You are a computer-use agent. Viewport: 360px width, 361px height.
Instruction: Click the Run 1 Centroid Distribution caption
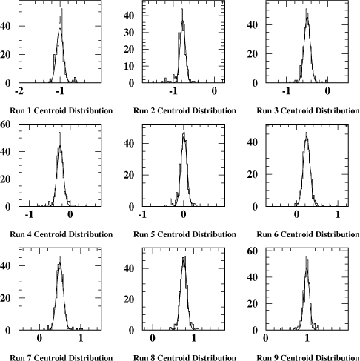point(61,110)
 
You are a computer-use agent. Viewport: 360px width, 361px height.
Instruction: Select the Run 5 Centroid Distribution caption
point(184,234)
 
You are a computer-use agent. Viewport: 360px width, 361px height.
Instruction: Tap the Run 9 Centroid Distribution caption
point(308,357)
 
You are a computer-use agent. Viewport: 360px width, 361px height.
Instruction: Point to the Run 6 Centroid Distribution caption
point(308,234)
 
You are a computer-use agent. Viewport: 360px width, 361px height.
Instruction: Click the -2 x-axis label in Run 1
point(19,91)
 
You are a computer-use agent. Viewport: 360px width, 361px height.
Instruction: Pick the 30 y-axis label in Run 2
point(129,33)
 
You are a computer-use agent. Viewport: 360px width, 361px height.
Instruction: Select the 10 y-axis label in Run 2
point(129,66)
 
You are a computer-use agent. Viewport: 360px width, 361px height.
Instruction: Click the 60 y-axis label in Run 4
point(5,125)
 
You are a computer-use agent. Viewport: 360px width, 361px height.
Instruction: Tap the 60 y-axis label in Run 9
point(253,251)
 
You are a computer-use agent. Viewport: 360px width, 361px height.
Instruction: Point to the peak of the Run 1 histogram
point(61,9)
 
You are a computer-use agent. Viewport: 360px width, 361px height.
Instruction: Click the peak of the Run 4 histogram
point(59,133)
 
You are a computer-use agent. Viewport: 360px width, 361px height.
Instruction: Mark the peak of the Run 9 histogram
point(307,256)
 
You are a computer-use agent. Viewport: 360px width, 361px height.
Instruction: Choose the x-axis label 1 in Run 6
point(338,214)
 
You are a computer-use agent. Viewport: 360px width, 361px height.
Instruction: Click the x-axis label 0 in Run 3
point(327,91)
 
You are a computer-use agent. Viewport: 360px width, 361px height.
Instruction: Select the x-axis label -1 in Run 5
point(142,214)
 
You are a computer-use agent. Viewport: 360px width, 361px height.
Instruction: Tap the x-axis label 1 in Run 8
point(194,338)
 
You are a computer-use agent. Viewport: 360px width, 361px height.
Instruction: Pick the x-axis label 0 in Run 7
point(39,338)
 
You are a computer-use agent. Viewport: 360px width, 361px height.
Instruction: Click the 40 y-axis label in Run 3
point(253,24)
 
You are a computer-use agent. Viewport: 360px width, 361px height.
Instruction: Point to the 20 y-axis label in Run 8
point(129,299)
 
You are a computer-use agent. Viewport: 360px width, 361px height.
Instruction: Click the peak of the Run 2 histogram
point(181,9)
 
